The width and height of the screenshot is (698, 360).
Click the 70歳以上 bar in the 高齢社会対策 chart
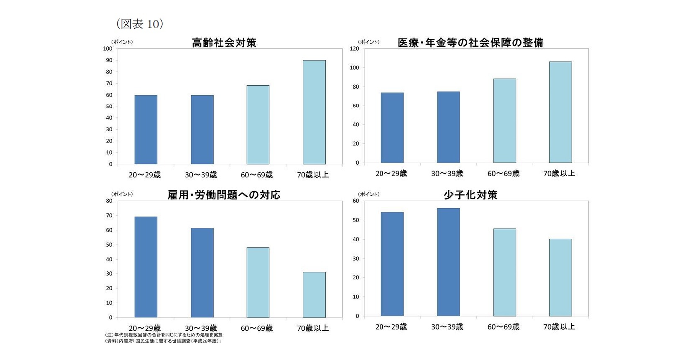(314, 112)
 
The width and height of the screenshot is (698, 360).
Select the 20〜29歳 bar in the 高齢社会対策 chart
(146, 130)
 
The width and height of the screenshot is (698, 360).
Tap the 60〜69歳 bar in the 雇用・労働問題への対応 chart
(258, 282)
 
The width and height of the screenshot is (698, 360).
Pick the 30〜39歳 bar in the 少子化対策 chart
(448, 262)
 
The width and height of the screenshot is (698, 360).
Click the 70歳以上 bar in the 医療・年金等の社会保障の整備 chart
(560, 112)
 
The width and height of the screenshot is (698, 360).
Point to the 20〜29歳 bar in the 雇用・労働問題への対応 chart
(146, 267)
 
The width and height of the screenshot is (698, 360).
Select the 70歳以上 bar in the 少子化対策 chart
(560, 277)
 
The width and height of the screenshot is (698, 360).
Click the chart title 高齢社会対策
(224, 43)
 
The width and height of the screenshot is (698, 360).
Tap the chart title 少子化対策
(470, 195)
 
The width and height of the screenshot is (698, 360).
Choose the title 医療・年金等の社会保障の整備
(470, 43)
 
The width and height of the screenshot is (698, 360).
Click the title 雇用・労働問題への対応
(224, 195)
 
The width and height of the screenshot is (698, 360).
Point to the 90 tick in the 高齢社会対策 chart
(109, 60)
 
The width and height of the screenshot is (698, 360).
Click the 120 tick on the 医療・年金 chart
(354, 49)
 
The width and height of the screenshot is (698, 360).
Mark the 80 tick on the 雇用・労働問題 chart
(109, 201)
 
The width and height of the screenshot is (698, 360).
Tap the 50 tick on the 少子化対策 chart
(355, 220)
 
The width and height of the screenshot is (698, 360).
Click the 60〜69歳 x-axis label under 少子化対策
(504, 327)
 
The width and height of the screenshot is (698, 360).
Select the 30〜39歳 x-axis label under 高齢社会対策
(201, 175)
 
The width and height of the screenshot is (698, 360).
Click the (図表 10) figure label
(139, 24)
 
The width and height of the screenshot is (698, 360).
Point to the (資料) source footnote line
(163, 341)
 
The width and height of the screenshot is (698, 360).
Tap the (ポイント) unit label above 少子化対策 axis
(368, 194)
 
